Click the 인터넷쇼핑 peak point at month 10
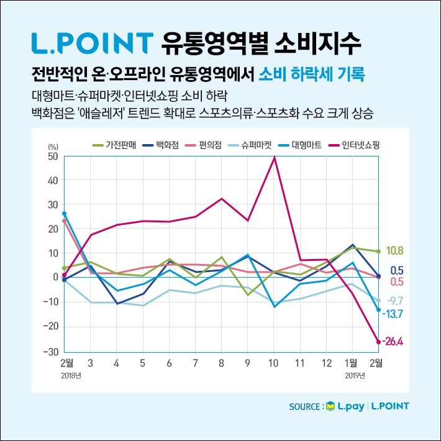tap(275, 158)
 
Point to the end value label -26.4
tap(393, 342)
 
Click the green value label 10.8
tap(394, 251)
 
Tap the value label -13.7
tap(393, 314)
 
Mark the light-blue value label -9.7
tap(394, 301)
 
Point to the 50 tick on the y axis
tap(52, 157)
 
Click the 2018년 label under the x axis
tap(71, 375)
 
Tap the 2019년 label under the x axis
tap(355, 375)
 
